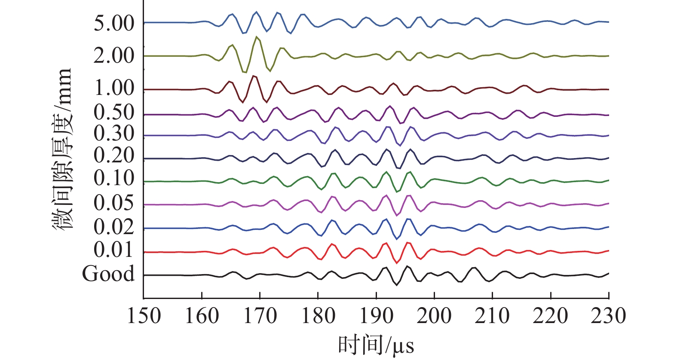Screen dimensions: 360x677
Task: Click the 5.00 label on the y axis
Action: [114, 24]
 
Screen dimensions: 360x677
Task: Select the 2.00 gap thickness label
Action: [114, 56]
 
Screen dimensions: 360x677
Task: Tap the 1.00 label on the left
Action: [114, 88]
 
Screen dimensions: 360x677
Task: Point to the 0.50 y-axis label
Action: [114, 113]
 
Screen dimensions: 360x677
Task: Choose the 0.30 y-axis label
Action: [114, 134]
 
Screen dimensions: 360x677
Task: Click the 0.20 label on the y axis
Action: [114, 156]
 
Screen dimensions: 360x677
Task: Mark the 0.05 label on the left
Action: [114, 203]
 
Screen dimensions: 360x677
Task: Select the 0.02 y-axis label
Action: [114, 227]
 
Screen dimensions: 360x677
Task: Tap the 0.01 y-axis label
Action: [114, 250]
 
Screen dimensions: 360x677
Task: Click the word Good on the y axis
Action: [108, 274]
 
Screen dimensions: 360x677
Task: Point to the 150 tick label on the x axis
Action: [144, 316]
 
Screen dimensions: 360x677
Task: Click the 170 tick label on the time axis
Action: [260, 316]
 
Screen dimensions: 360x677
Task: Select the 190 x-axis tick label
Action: [376, 316]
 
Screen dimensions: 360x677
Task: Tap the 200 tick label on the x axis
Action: [434, 316]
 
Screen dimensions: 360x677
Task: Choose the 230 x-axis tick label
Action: [608, 316]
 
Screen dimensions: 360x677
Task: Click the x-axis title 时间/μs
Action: [376, 345]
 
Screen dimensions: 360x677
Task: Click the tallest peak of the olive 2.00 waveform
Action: [257, 37]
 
